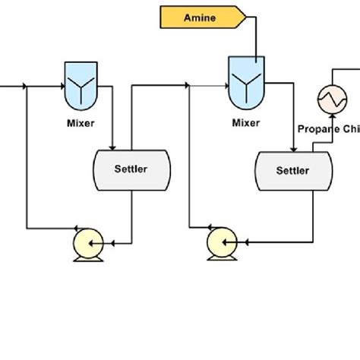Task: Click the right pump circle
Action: [222, 243]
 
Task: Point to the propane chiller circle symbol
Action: [332, 96]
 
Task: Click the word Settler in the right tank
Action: [292, 170]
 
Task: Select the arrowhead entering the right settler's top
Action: [293, 147]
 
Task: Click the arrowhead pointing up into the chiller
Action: [331, 115]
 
